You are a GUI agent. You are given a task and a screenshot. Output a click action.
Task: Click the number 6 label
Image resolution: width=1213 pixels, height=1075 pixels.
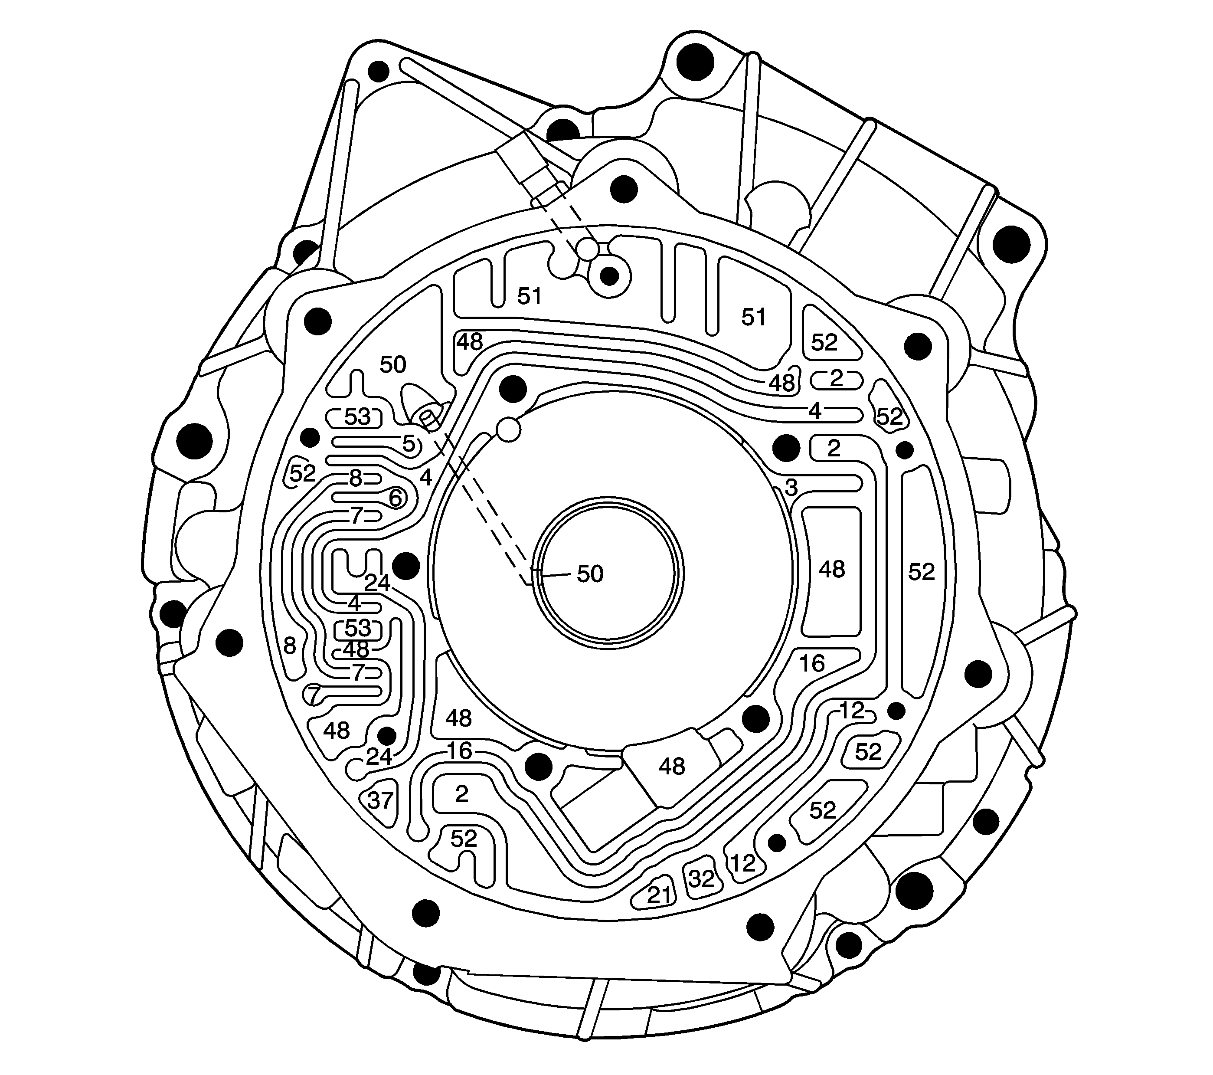[395, 498]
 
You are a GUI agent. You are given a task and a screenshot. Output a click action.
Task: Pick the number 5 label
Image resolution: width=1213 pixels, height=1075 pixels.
[408, 443]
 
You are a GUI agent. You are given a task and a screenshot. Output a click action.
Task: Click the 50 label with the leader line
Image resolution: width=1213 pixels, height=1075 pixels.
[590, 574]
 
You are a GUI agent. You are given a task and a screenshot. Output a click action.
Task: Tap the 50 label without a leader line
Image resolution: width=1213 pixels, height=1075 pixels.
[392, 364]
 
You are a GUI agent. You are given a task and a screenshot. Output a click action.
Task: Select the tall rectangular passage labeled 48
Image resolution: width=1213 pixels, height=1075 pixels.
[831, 570]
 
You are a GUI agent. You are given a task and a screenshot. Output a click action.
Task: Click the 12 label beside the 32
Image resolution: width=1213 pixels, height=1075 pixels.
[742, 862]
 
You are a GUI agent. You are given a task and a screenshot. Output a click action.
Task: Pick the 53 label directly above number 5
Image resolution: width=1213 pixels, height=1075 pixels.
[357, 417]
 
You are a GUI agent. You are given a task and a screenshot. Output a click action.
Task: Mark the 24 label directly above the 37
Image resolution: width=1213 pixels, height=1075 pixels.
[379, 757]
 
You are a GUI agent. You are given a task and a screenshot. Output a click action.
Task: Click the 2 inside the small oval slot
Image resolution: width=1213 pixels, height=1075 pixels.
[836, 378]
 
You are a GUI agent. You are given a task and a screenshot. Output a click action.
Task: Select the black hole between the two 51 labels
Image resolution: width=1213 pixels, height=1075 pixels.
[609, 276]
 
